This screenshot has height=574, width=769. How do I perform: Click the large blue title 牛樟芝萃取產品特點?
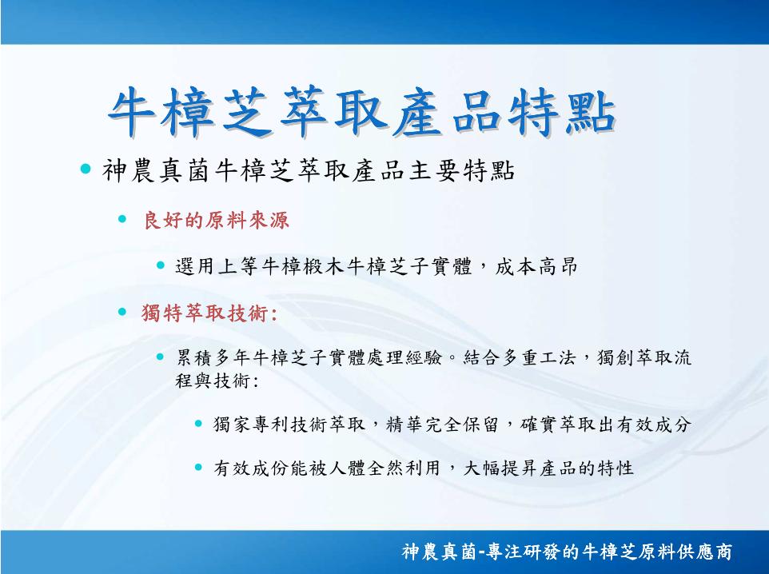tap(361, 112)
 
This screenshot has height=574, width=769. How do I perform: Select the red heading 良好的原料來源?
tap(216, 221)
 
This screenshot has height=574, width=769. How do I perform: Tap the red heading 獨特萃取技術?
tap(208, 313)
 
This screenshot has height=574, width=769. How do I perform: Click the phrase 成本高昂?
tap(536, 267)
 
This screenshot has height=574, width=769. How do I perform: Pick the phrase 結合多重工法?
tap(520, 357)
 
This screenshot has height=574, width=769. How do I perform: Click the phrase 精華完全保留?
tap(442, 425)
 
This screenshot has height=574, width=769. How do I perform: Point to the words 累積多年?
tap(213, 357)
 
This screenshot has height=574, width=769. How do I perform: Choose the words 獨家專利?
tap(251, 425)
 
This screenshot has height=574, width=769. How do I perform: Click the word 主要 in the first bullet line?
tap(434, 171)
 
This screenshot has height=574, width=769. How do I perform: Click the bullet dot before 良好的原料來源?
tap(122, 219)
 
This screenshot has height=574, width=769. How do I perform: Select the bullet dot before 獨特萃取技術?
tap(122, 311)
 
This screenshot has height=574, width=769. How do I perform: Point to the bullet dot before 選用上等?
tap(161, 265)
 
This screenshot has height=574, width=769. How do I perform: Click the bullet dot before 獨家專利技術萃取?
tap(198, 423)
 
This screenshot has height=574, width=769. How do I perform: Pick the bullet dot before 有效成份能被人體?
tap(198, 467)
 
